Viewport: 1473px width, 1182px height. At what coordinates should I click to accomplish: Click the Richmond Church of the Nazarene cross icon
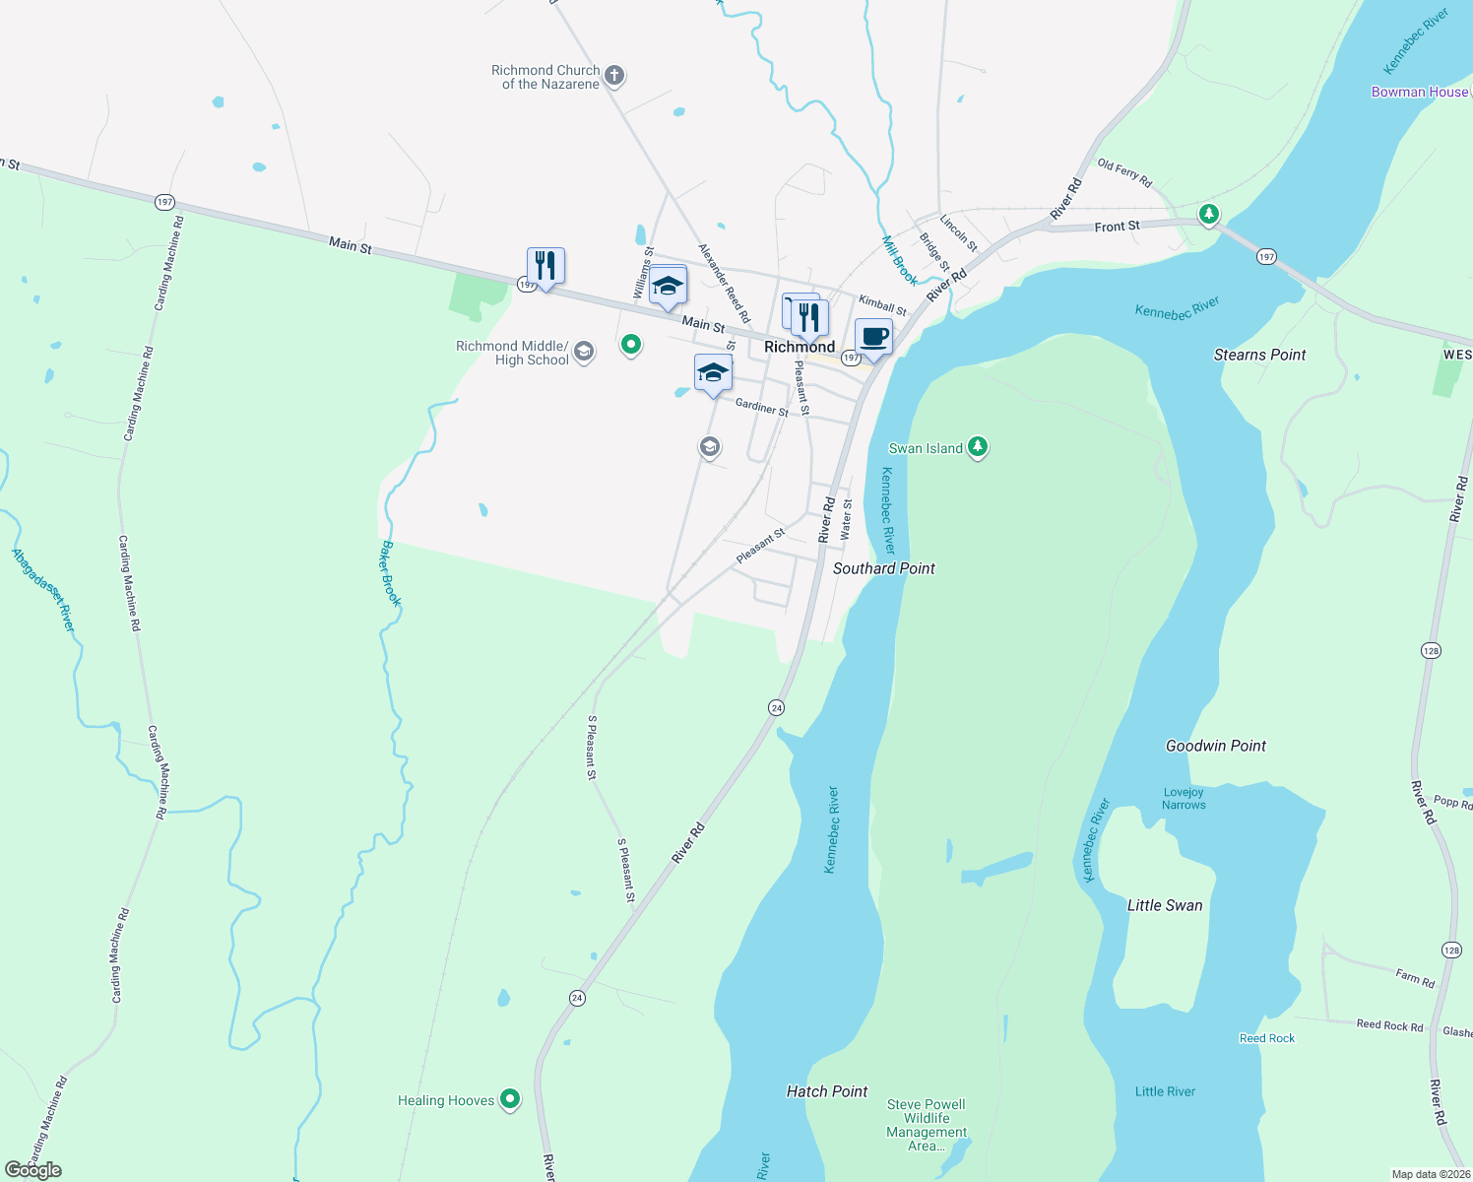coord(614,75)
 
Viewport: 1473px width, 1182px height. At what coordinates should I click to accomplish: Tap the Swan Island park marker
coord(977,447)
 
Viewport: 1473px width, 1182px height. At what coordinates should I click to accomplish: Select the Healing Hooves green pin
coord(509,1098)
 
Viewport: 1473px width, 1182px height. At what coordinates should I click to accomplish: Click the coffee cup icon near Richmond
coord(873,337)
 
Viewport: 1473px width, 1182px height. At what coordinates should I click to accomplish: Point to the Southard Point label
coord(883,568)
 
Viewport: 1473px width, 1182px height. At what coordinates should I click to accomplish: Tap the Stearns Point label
coord(1259,355)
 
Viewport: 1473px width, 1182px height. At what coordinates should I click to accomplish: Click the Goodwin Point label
coord(1215,746)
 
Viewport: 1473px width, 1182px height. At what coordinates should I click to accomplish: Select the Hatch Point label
coord(826,1091)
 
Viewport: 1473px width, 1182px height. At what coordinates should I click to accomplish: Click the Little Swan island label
coord(1164,905)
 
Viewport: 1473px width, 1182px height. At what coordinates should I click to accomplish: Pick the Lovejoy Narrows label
coord(1183,799)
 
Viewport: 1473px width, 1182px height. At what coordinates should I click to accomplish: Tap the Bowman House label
coord(1419,92)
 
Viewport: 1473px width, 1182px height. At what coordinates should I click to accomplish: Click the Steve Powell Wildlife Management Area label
coord(926,1125)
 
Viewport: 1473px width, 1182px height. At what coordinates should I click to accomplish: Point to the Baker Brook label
coord(391,573)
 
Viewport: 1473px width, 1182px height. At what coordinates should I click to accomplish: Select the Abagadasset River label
coord(42,590)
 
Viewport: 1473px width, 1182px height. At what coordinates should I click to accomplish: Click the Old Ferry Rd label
coord(1123,173)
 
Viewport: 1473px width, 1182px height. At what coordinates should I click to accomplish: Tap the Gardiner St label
coord(761,406)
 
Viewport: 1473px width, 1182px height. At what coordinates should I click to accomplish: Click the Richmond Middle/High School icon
coord(584,353)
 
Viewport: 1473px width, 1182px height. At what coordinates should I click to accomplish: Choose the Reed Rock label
coord(1266,1038)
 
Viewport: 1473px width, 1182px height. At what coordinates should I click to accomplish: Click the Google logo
coord(33,1170)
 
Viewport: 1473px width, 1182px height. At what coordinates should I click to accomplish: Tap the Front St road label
coord(1117,227)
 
